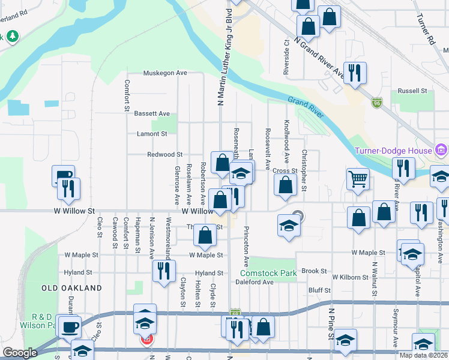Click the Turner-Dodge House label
coord(393,150)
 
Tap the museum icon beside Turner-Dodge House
coord(441,149)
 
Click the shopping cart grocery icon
coord(358,178)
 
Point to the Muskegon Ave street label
coord(165,73)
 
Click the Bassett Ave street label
coord(152,113)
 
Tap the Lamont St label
coord(151,134)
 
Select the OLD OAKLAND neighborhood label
coord(72,288)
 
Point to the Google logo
coord(20,353)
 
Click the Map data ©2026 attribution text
coord(424,355)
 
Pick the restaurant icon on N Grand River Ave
coord(355,74)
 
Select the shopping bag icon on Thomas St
coord(205,236)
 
